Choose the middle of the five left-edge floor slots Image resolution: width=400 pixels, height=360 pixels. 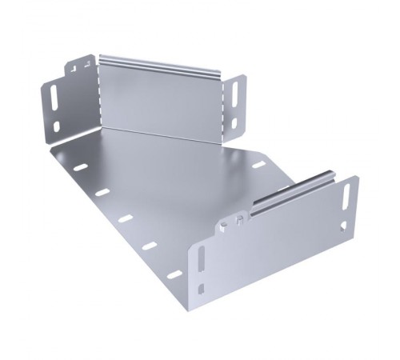coord(126,217)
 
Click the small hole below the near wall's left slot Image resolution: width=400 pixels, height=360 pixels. coord(203,287)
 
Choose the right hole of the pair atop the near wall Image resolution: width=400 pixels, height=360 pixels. coord(240,217)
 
